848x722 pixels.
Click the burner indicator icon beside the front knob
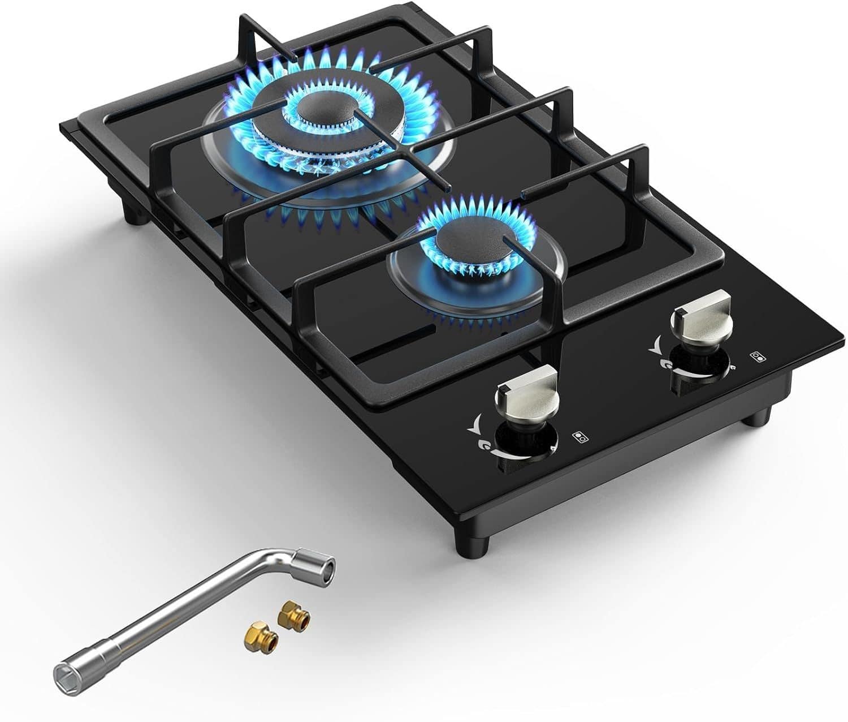click(579, 436)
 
